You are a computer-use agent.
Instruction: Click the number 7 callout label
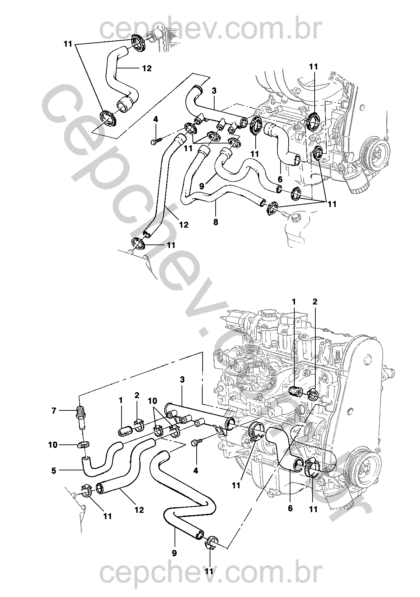(54, 410)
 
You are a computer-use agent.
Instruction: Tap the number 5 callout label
(54, 470)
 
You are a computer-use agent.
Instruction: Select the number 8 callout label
(215, 222)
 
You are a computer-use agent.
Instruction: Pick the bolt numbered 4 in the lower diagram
(195, 443)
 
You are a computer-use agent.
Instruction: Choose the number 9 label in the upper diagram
(202, 186)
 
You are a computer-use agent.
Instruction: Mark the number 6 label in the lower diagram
(290, 508)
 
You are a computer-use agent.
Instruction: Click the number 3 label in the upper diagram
(214, 90)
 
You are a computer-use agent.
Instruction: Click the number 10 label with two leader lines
(152, 400)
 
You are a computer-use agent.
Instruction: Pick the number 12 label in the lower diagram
(139, 510)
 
